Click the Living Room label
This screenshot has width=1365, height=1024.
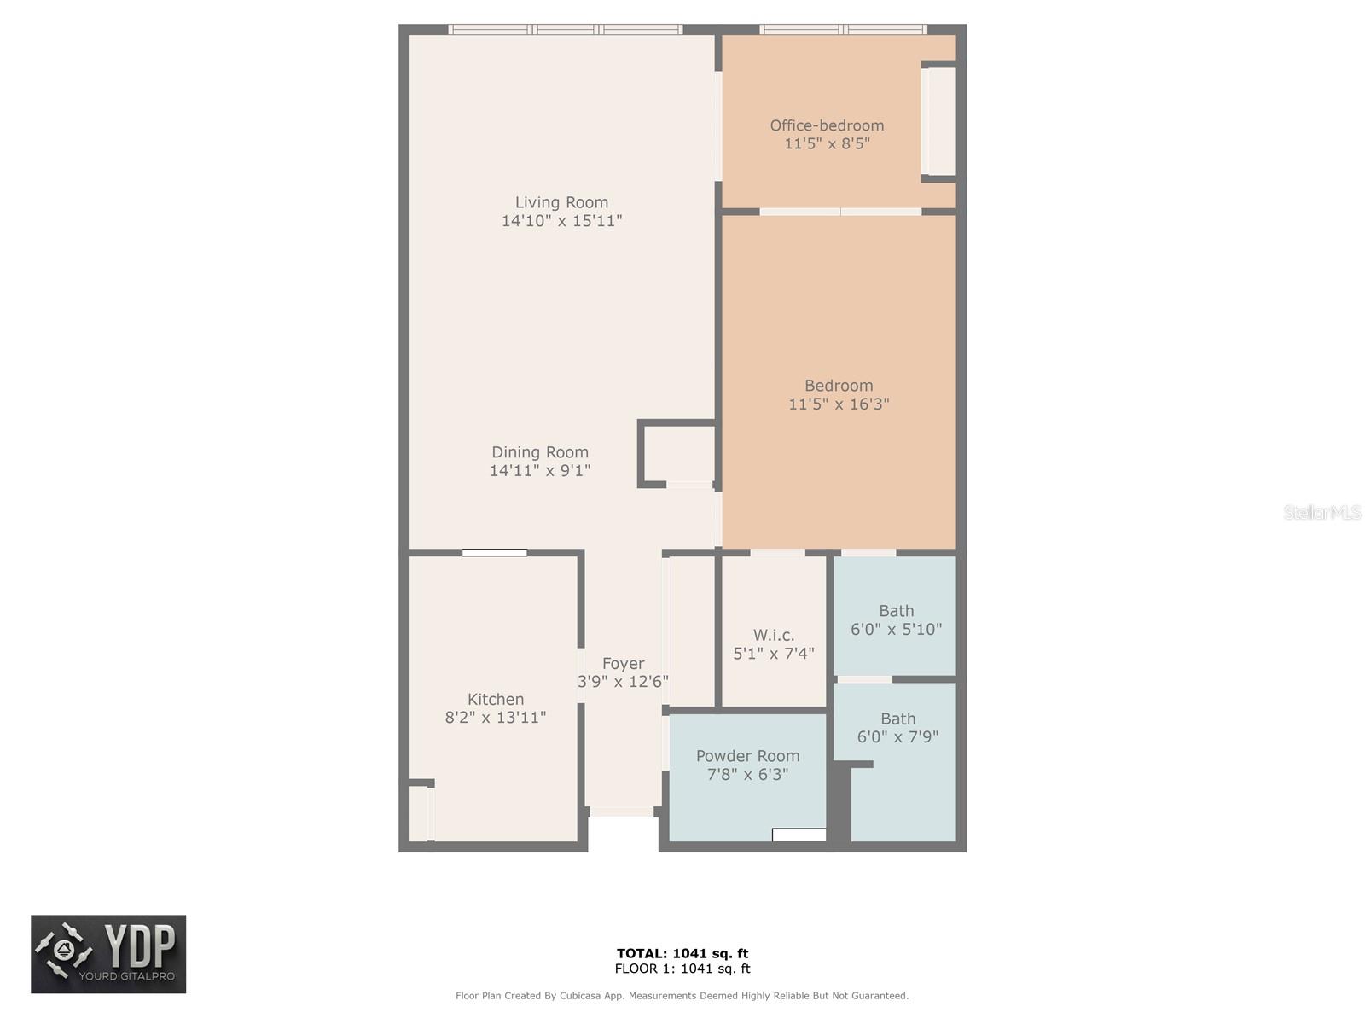(561, 202)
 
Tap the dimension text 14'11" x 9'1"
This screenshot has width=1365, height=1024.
(540, 470)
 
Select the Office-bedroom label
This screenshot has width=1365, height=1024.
(827, 125)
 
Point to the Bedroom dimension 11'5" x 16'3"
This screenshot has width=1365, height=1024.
(839, 404)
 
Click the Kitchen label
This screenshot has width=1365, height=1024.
(496, 699)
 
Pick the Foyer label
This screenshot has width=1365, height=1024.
(623, 663)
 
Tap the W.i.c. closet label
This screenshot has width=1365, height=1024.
(774, 635)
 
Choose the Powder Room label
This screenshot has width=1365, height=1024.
(747, 756)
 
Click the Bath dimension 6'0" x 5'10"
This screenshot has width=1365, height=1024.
(896, 629)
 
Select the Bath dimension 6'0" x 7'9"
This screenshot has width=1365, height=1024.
(897, 736)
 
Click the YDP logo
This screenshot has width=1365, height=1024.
(108, 954)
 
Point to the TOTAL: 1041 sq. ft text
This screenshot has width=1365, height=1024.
(682, 953)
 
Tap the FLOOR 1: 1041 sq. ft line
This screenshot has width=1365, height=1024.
(682, 969)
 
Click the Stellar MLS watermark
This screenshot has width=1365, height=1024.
(1321, 512)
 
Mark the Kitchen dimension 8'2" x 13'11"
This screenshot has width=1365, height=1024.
(496, 718)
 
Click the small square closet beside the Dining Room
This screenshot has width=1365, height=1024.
(678, 454)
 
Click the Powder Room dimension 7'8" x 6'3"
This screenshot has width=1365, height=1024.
(747, 775)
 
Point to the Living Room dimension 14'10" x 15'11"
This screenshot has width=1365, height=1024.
(561, 221)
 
